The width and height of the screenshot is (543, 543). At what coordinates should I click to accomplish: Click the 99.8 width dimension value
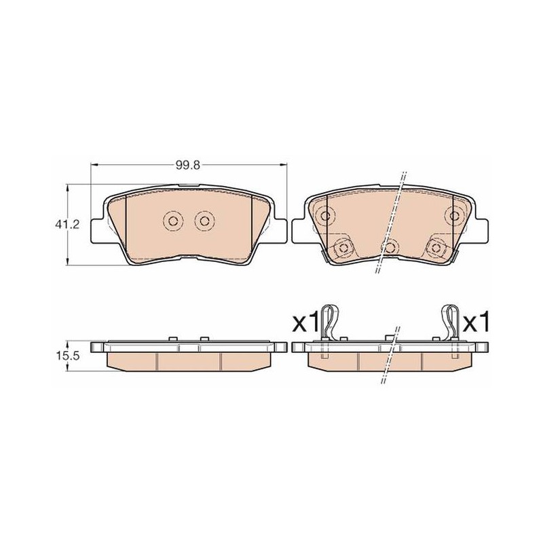click(188, 165)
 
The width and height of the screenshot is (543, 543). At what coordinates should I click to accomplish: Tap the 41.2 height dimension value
click(67, 225)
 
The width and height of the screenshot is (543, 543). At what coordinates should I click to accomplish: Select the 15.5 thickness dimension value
click(67, 355)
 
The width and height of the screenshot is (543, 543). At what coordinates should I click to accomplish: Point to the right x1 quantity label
click(476, 321)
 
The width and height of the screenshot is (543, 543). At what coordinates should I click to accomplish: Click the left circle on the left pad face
click(173, 221)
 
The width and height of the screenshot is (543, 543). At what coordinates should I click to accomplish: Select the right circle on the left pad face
click(204, 221)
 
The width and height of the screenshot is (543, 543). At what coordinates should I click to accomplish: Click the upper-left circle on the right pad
click(325, 216)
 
